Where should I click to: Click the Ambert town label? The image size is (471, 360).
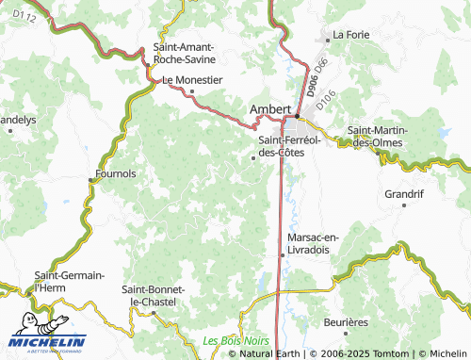(268, 109)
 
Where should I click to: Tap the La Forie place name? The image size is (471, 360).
(350, 36)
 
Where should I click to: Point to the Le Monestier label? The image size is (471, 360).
(192, 80)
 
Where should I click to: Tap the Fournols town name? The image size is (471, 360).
(116, 173)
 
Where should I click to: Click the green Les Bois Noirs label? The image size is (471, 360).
(236, 340)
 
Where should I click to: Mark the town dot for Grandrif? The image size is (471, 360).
(403, 205)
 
